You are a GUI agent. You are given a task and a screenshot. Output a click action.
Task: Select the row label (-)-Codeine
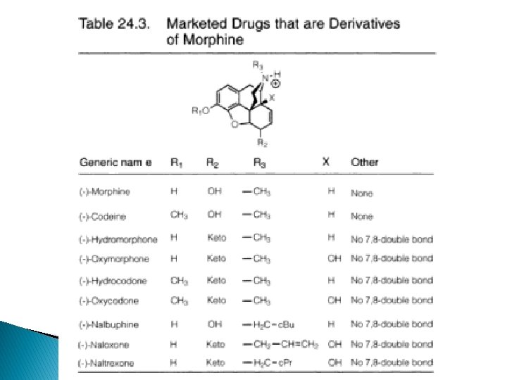pos(104,216)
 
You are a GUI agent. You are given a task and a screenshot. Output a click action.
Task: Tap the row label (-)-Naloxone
pos(103,344)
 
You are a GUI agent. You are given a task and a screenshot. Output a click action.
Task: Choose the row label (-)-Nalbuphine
pos(108,324)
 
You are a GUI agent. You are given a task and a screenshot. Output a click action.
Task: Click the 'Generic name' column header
pos(115,162)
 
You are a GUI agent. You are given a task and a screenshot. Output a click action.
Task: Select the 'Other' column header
pos(364,162)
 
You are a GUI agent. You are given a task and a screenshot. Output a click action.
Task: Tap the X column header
pos(326,162)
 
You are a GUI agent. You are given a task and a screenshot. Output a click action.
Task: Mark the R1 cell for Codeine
pos(179,215)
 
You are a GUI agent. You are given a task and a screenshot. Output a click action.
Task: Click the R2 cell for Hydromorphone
pos(216,239)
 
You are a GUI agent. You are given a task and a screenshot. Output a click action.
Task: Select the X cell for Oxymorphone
pos(334,258)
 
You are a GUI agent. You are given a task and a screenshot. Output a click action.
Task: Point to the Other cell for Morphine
pos(362,193)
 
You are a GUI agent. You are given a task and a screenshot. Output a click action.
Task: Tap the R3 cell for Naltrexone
pos(271,362)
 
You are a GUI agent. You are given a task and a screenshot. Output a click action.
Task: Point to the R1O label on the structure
pos(201,110)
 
